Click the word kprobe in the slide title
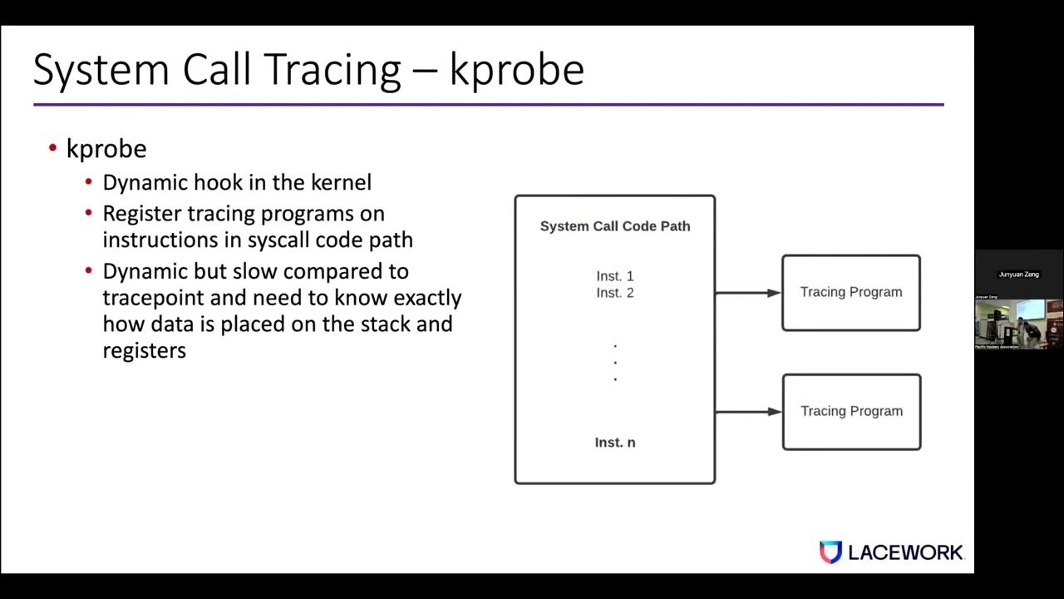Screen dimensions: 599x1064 pyautogui.click(x=516, y=70)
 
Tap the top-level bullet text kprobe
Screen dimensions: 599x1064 pyautogui.click(x=106, y=149)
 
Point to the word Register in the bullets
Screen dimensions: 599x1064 pyautogui.click(x=141, y=214)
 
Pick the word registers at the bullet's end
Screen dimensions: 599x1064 pyautogui.click(x=144, y=350)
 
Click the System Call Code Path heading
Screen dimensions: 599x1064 pyautogui.click(x=615, y=226)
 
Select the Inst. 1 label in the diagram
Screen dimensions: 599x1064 pyautogui.click(x=615, y=276)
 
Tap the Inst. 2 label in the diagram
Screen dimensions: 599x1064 pyautogui.click(x=615, y=293)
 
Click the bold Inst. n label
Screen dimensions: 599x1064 pyautogui.click(x=615, y=443)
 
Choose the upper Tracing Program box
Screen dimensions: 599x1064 pyautogui.click(x=851, y=292)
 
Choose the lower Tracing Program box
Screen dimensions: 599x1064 pyautogui.click(x=851, y=411)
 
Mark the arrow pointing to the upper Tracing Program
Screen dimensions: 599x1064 pyautogui.click(x=747, y=293)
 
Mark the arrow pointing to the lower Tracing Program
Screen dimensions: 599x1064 pyautogui.click(x=747, y=411)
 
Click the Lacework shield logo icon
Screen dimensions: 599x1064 pyautogui.click(x=830, y=552)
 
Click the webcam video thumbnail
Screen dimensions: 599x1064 pyautogui.click(x=1018, y=323)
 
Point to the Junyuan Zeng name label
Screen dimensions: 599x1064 pyautogui.click(x=1018, y=274)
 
